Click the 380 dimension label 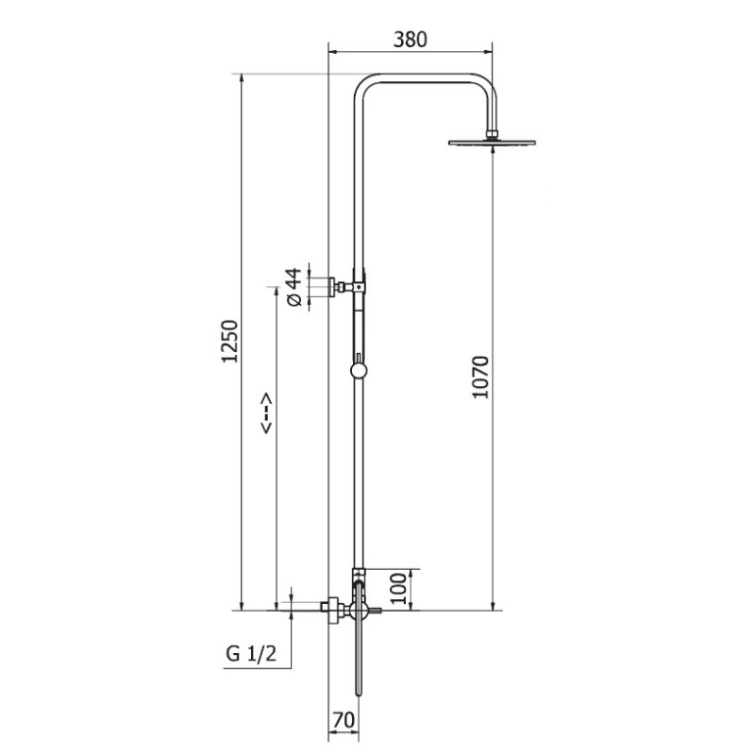(x=411, y=40)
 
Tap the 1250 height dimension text (x=229, y=341)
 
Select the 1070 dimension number (x=480, y=377)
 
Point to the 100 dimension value (x=398, y=588)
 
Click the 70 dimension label (x=344, y=720)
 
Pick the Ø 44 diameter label (x=294, y=287)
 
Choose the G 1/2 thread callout (x=251, y=654)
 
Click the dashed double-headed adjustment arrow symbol (x=266, y=413)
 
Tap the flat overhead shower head (x=492, y=143)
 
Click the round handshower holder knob (x=359, y=370)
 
